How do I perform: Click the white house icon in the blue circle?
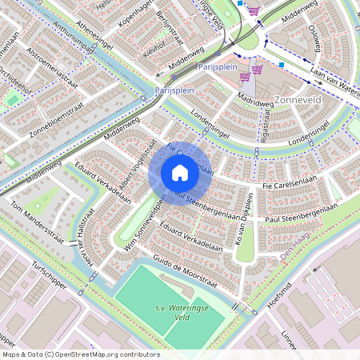pyautogui.click(x=180, y=172)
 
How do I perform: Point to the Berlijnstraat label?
pyautogui.click(x=171, y=23)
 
